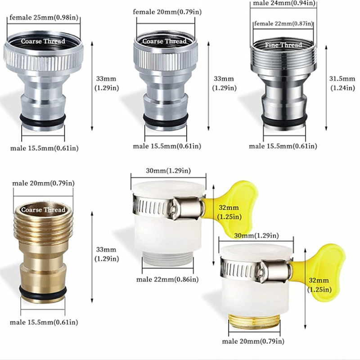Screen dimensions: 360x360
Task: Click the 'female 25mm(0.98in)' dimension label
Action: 44,18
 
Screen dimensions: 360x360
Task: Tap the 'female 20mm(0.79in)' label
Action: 167,12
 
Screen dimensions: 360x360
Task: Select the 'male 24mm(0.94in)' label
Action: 284,3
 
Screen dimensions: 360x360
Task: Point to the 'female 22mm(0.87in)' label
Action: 283,24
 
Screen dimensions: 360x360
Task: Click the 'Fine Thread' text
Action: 283,45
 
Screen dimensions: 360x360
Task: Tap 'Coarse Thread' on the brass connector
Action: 43,210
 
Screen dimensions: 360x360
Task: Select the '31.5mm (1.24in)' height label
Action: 342,83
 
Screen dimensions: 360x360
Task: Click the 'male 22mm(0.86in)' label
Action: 167,279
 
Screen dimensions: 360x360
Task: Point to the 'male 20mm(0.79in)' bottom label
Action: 253,342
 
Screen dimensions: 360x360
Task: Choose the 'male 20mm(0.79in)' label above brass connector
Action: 43,183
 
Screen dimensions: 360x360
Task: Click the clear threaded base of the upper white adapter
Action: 167,258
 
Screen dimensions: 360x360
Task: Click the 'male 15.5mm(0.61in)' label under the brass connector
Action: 44,322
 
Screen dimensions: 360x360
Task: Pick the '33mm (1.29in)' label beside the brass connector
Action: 107,254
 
